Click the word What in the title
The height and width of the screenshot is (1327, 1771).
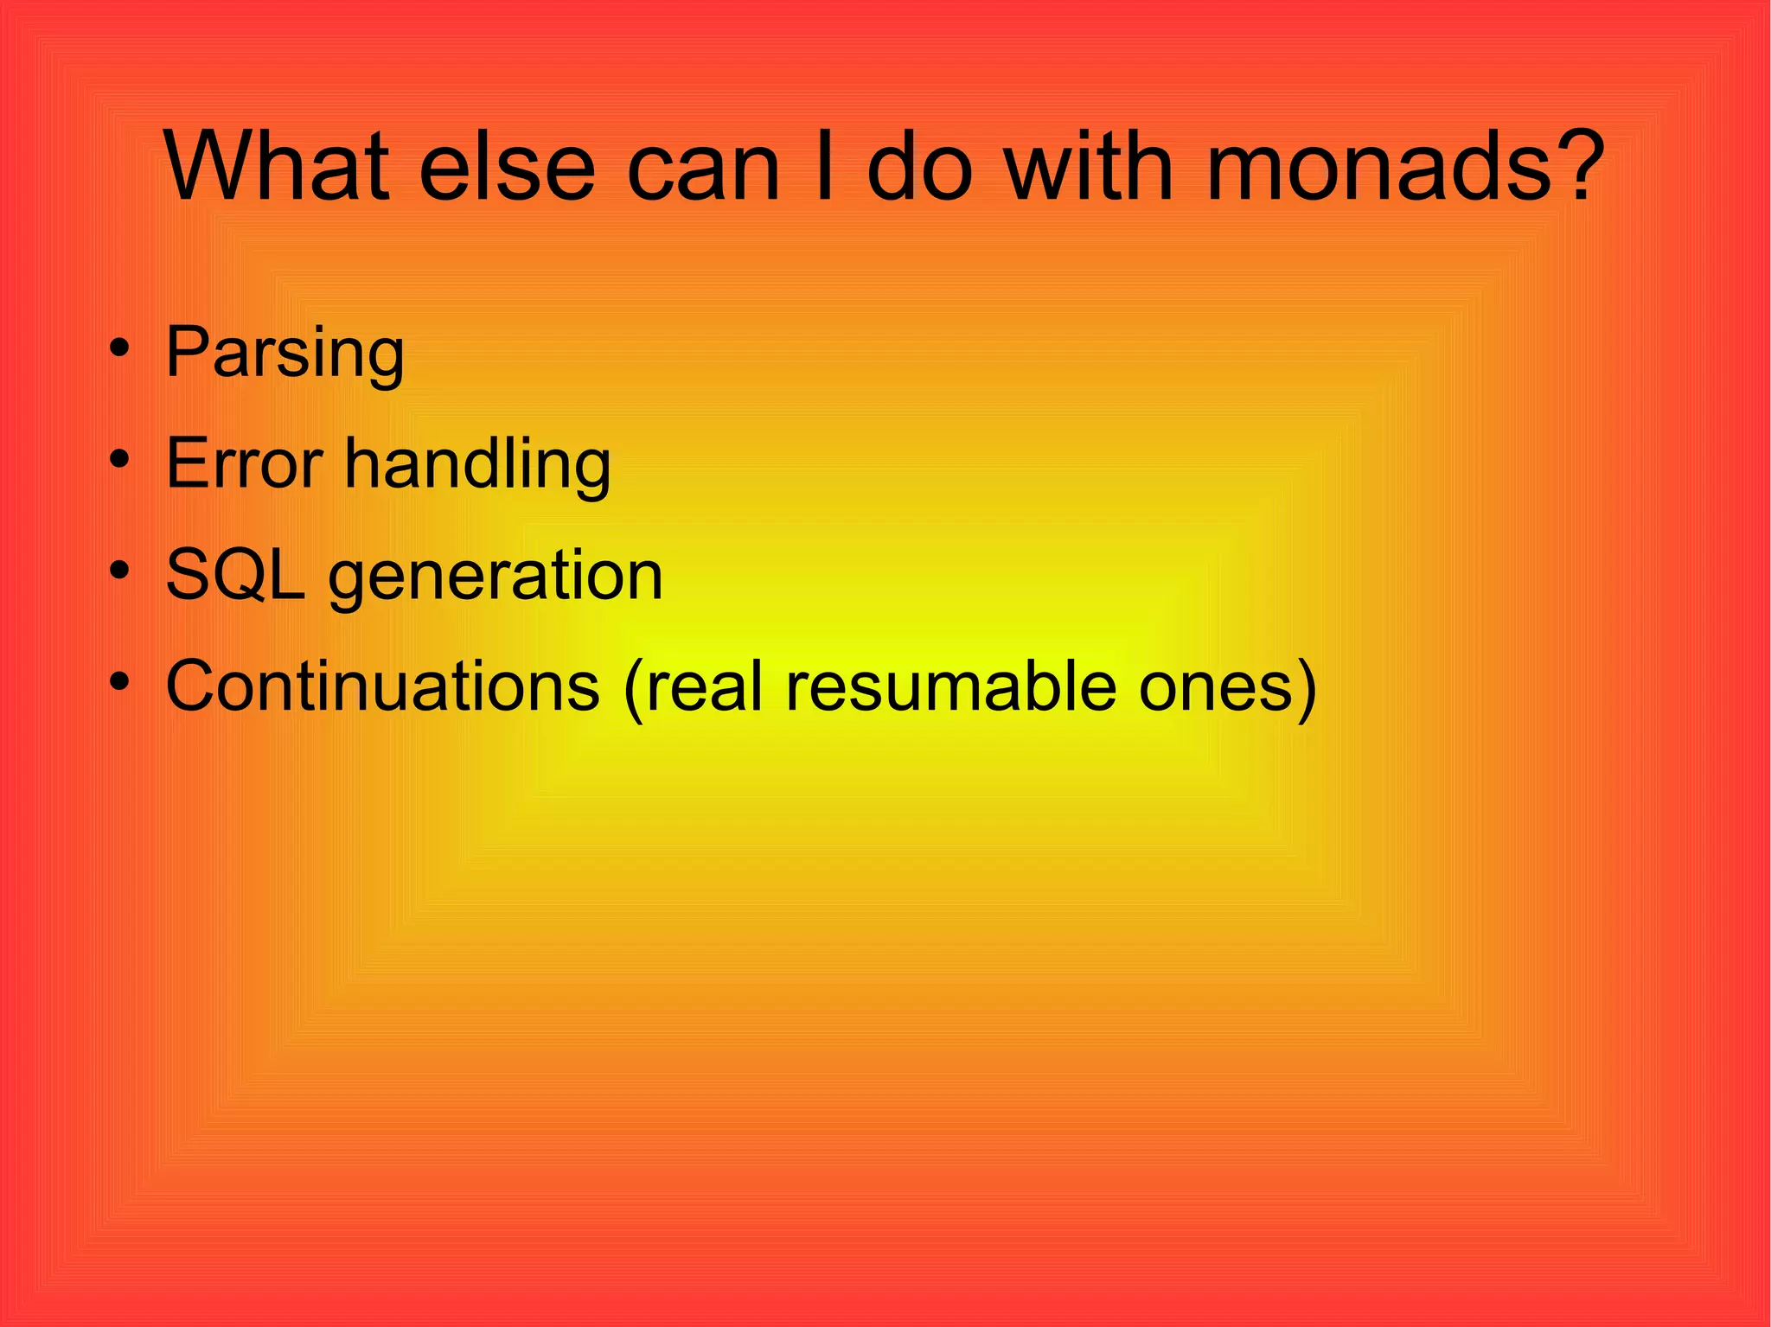(276, 166)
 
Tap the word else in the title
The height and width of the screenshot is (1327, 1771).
(507, 166)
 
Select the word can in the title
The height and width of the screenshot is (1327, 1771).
(704, 166)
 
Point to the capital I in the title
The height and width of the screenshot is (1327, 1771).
(824, 166)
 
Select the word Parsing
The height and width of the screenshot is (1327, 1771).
(285, 352)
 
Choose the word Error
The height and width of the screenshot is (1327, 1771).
(244, 463)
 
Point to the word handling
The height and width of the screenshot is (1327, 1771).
(477, 463)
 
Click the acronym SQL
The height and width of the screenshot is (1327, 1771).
(235, 574)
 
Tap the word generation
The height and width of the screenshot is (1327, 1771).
(495, 576)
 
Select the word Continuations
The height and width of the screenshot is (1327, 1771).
(382, 686)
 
